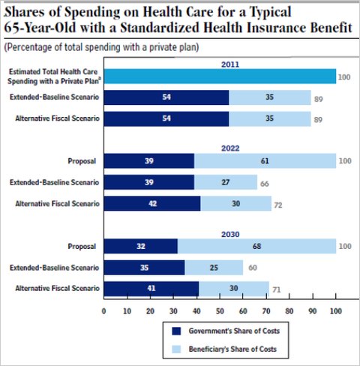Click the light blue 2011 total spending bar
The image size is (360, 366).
tap(220, 76)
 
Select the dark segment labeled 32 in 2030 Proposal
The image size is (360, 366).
tap(141, 246)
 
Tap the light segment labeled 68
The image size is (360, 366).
tap(256, 246)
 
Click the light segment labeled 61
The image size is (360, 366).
tap(265, 160)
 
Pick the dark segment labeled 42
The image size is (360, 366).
tap(152, 203)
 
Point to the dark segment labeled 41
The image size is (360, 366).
tap(151, 289)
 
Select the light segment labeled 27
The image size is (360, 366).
tap(226, 182)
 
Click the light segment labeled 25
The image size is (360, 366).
tap(214, 268)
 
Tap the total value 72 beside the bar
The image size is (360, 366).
tap(278, 205)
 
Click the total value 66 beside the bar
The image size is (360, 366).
tap(265, 184)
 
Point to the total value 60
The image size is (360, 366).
tap(253, 268)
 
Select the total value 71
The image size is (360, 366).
tap(277, 289)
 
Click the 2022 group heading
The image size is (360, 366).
tap(230, 148)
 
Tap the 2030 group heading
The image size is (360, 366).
tap(230, 234)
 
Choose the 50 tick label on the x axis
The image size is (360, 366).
tap(220, 311)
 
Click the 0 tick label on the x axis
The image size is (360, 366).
tap(104, 311)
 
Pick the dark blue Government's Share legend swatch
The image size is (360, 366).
tap(176, 331)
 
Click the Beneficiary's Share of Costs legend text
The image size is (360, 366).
tap(232, 349)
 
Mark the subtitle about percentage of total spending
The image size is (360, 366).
tap(101, 47)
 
